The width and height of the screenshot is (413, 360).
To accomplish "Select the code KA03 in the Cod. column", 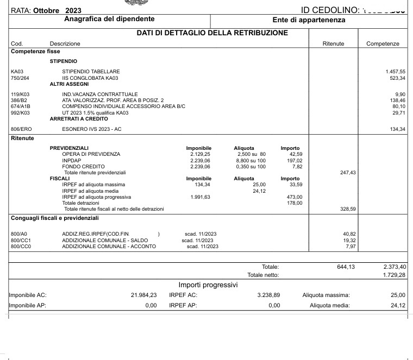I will (x=17, y=72).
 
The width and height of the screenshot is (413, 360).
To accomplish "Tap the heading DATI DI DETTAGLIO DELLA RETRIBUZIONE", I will (x=212, y=33).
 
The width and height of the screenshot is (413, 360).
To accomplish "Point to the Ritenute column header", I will (x=333, y=43).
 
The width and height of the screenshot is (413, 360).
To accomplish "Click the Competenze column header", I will (x=383, y=43).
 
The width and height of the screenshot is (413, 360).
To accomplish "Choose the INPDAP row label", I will (x=71, y=160).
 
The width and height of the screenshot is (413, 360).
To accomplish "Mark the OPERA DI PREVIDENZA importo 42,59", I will (x=296, y=154).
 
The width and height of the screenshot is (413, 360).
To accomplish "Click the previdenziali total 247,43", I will (x=347, y=172).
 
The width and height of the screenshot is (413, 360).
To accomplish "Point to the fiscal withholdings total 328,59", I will (x=347, y=209).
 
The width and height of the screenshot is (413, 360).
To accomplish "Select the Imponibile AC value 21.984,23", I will (x=144, y=295).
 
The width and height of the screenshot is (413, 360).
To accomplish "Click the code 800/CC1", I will (x=21, y=240).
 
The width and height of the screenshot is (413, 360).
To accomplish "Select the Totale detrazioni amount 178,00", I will (x=295, y=203).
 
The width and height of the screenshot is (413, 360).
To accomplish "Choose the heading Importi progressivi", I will (x=208, y=285).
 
